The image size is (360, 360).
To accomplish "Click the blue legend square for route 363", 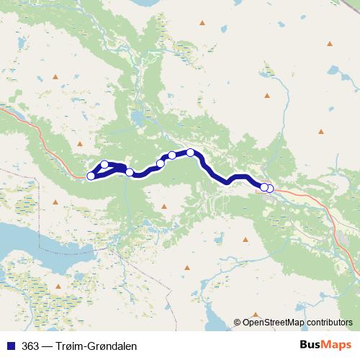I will tap(10, 346).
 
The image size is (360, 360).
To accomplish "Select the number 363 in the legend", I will tap(31, 346).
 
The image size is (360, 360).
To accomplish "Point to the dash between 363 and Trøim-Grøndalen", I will tap(48, 346).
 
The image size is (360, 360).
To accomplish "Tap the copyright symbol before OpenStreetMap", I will tap(237, 323).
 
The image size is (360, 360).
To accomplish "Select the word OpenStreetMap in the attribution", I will tap(273, 323).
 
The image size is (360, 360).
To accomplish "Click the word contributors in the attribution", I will tap(330, 323).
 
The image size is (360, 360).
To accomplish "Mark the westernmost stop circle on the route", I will tap(91, 176).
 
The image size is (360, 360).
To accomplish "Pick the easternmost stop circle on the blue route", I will tap(269, 189).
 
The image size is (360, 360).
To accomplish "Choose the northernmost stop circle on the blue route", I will tap(190, 152).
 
